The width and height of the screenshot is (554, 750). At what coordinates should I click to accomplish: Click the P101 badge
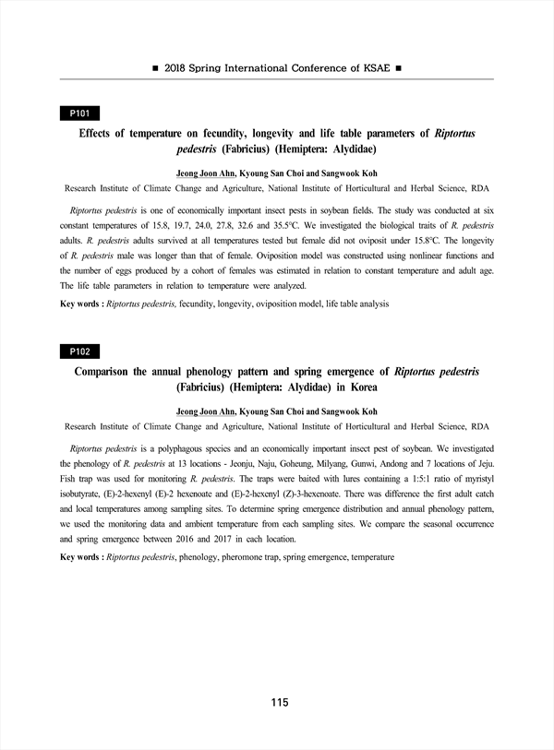click(78, 113)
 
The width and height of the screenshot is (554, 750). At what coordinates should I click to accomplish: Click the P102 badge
click(78, 351)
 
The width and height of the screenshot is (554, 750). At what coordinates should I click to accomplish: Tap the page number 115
click(280, 703)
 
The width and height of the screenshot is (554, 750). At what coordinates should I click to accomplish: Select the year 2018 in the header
click(179, 68)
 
